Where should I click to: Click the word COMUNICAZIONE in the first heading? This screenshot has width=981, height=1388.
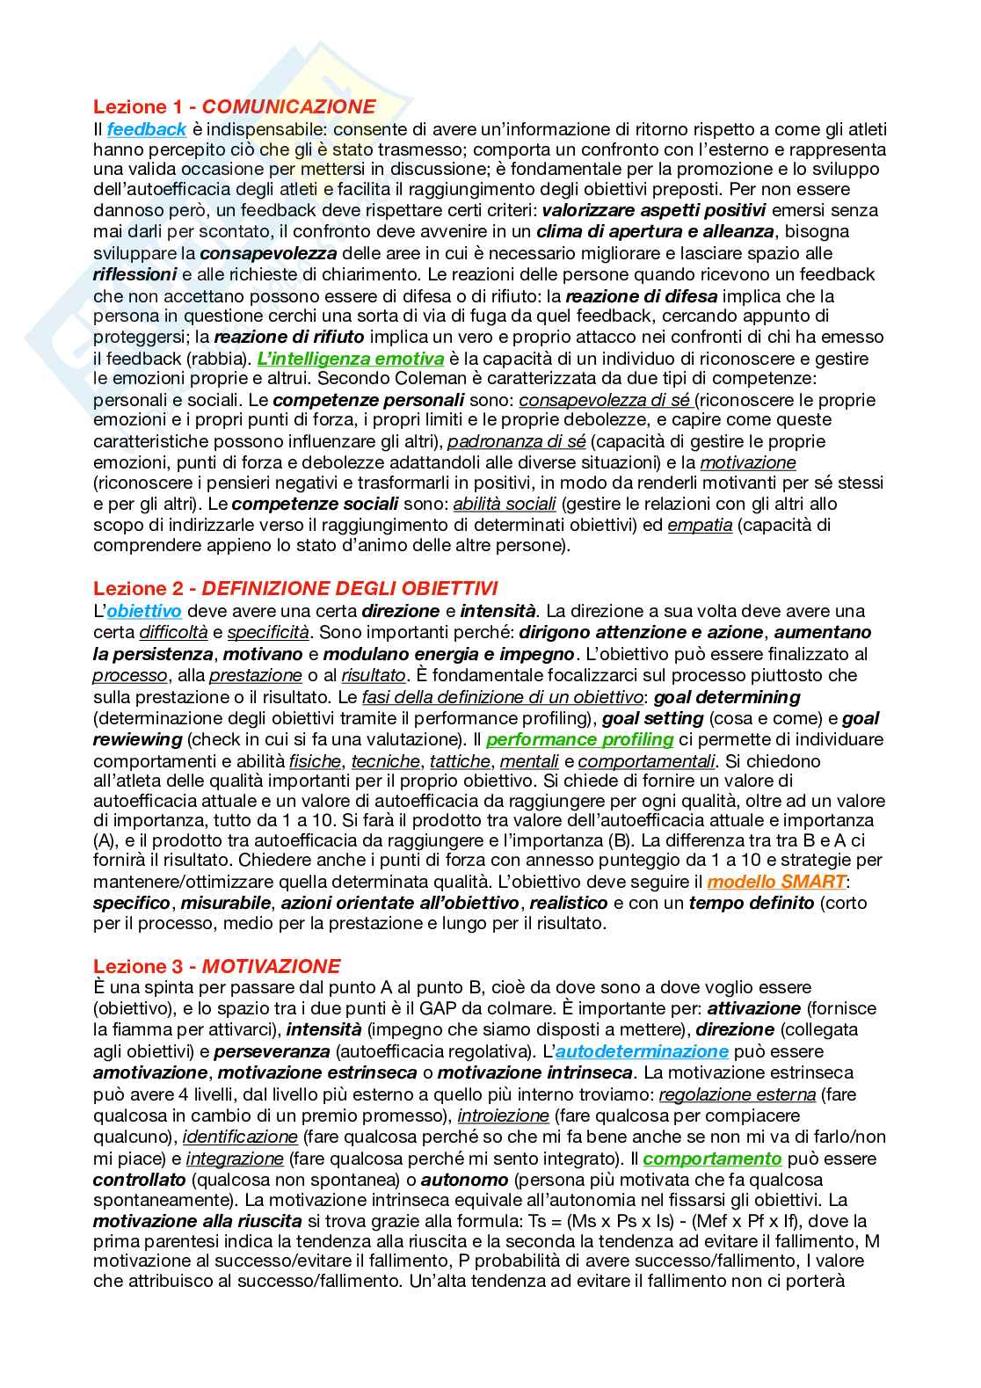tap(289, 107)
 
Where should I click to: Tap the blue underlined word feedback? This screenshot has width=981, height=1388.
tap(147, 129)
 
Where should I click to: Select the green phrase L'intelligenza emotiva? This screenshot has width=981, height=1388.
tap(351, 359)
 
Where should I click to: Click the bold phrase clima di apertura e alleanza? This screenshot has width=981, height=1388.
tap(655, 232)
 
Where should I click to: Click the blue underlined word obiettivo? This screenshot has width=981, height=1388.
tap(144, 611)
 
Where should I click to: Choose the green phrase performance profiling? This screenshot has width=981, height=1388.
tap(579, 739)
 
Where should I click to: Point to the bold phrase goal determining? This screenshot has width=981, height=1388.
tap(727, 697)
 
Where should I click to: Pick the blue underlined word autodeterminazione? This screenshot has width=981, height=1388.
tap(642, 1051)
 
